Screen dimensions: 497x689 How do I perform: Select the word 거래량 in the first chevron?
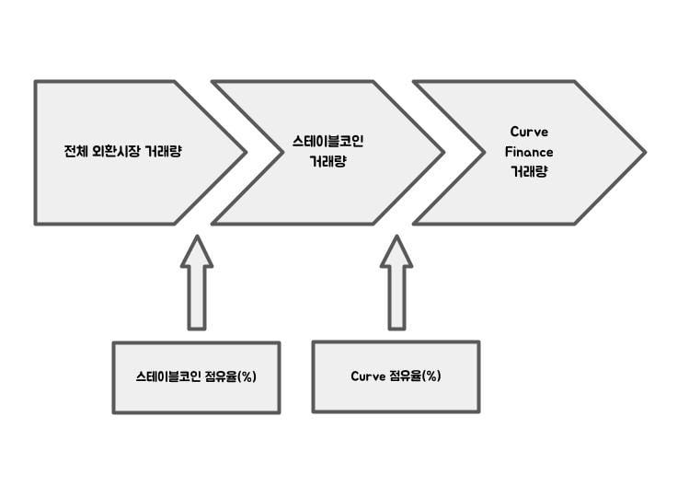[163, 152]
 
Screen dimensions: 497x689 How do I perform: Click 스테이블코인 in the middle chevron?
[328, 142]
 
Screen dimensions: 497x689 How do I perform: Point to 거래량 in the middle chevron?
[328, 160]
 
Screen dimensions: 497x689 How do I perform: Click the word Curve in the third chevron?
[529, 133]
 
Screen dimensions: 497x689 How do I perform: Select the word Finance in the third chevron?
[529, 152]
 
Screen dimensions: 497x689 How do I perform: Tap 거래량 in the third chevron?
[529, 171]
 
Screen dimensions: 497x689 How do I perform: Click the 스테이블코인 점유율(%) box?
[196, 377]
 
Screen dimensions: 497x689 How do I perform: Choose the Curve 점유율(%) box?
[396, 376]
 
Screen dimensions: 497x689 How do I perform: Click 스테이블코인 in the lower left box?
[169, 377]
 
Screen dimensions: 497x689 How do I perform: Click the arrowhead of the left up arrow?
[197, 250]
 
